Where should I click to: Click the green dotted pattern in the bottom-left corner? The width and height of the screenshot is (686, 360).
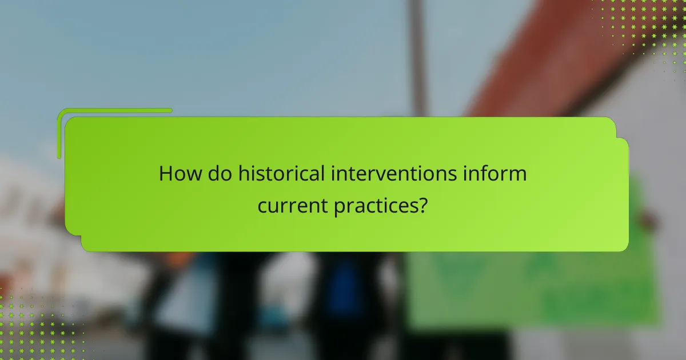34,326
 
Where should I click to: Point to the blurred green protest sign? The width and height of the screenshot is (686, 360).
532,286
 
